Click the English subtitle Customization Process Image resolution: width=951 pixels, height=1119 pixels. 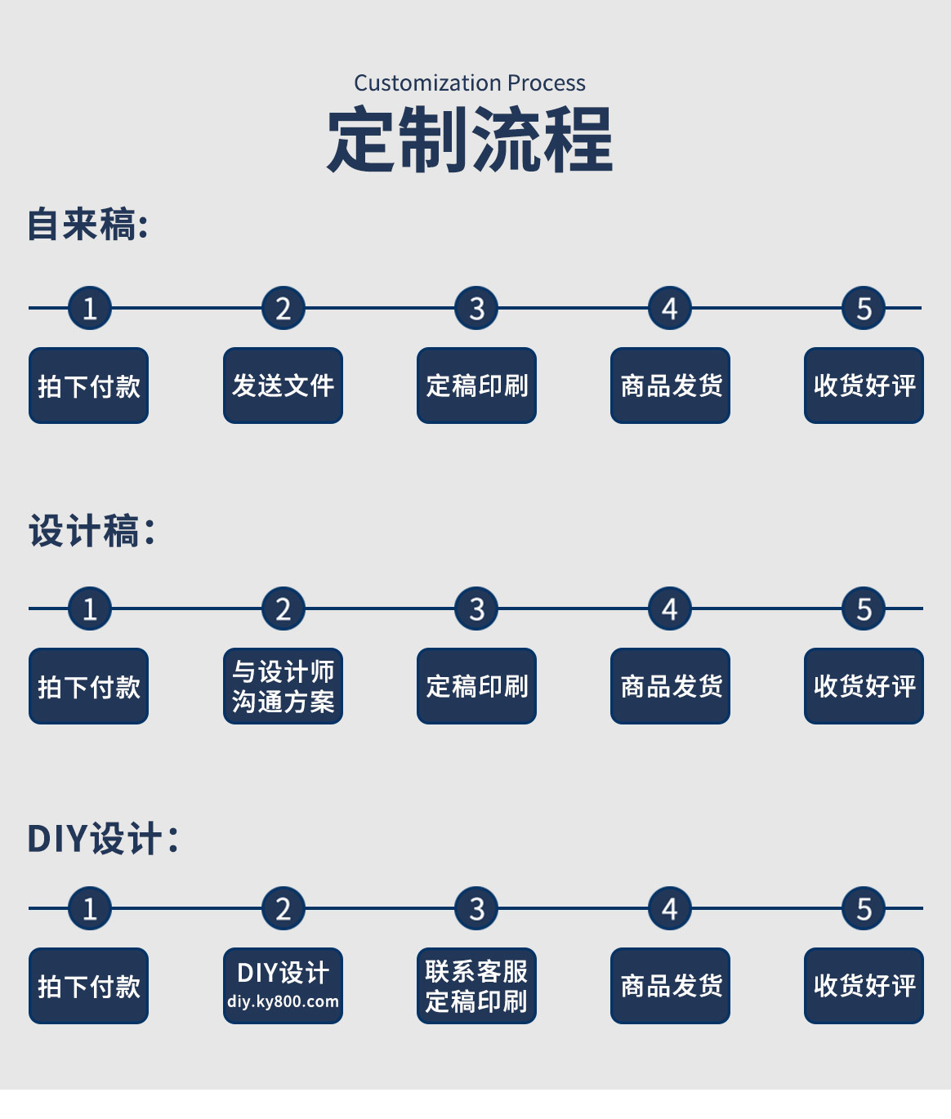(x=469, y=83)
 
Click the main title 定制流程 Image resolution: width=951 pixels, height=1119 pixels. (x=470, y=140)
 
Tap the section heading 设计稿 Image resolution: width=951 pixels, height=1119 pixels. (x=91, y=532)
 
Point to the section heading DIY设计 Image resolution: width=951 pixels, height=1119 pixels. (x=102, y=839)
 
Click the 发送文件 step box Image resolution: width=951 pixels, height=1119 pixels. (x=283, y=386)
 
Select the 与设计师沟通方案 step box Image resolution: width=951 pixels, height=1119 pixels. (x=283, y=686)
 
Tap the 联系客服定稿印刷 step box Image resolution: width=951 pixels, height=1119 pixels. (x=476, y=986)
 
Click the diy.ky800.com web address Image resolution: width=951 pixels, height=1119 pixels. (x=283, y=1002)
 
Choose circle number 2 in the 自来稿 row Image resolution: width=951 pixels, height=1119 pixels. (x=283, y=309)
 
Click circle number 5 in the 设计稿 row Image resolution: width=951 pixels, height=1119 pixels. (x=864, y=609)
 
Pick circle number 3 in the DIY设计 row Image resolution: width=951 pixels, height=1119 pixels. (x=476, y=909)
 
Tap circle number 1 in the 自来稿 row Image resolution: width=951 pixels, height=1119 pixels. (x=89, y=309)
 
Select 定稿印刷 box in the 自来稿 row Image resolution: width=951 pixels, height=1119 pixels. (x=476, y=386)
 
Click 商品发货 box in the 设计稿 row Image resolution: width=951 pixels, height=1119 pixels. (x=670, y=686)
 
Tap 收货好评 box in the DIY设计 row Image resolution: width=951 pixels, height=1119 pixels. (x=864, y=986)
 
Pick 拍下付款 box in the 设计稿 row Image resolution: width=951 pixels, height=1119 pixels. (x=88, y=686)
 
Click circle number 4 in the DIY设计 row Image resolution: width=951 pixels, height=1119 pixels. (x=670, y=909)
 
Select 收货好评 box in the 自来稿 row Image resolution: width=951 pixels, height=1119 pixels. (x=864, y=386)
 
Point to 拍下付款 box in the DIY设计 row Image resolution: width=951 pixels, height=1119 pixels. (x=88, y=986)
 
